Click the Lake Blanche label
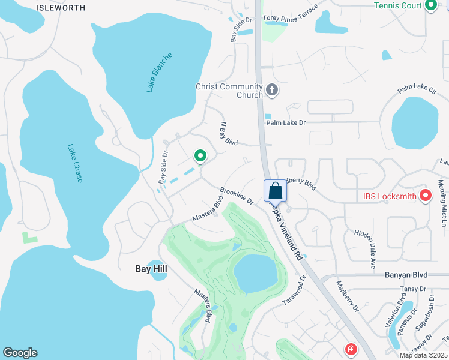coord(159,73)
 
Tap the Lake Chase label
coord(75,163)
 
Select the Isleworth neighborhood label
coord(60,8)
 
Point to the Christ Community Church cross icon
coord(272,90)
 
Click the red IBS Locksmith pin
coord(426,195)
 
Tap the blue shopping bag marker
coord(275,191)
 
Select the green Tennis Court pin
coord(430,5)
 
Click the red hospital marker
coord(350,349)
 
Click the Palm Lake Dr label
coord(286,123)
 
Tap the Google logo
coord(20,353)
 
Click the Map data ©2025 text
coord(423,355)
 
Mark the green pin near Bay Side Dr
coord(200,156)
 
